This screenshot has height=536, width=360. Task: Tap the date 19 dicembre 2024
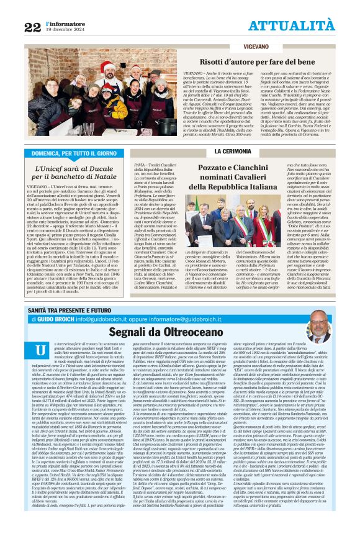point(65,29)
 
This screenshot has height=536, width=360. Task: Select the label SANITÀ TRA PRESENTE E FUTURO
point(68,292)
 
